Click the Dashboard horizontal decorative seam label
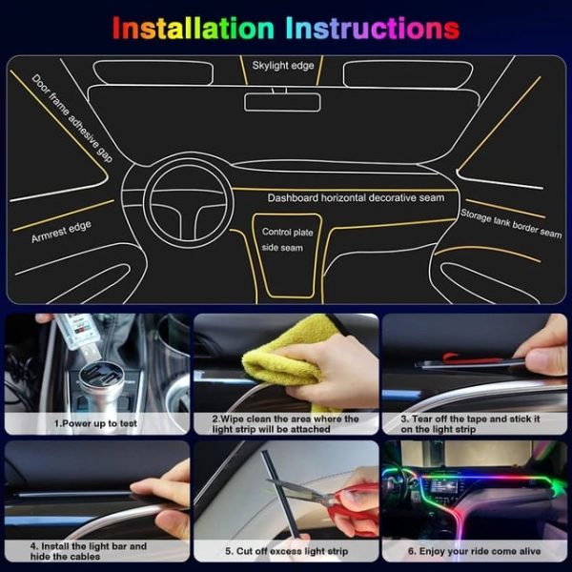click(x=356, y=198)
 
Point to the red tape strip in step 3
click(x=472, y=361)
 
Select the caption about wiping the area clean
click(x=285, y=424)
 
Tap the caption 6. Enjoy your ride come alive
click(x=474, y=551)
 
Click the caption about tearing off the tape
click(x=474, y=424)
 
